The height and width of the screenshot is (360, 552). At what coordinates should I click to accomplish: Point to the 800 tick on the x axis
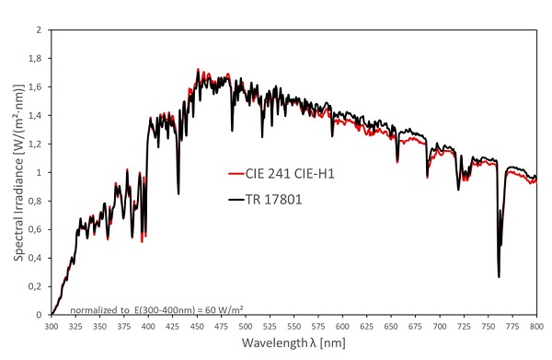(x=535, y=326)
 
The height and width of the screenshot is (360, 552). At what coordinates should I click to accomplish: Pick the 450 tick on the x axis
(x=196, y=326)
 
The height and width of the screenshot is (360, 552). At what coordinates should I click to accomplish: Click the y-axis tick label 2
(x=39, y=29)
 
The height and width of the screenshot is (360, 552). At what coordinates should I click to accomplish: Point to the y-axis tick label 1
(x=39, y=172)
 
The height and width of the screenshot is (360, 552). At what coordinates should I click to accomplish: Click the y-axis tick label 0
(x=39, y=315)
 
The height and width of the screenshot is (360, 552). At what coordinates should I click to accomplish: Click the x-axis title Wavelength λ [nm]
(x=294, y=343)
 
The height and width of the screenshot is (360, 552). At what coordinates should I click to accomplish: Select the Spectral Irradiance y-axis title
(x=17, y=172)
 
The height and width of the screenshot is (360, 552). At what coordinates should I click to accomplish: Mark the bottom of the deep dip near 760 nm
(x=499, y=276)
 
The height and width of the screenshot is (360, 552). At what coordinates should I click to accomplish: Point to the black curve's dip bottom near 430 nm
(x=178, y=193)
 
